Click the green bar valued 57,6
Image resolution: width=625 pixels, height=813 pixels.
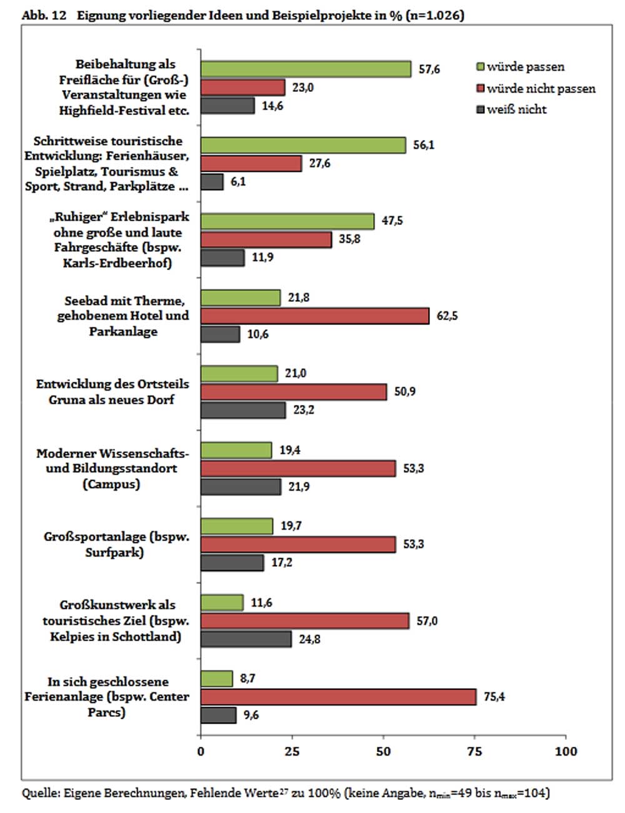tap(306, 69)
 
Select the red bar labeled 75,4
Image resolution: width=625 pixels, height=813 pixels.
tap(338, 697)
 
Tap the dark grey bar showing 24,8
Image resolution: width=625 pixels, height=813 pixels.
tap(246, 639)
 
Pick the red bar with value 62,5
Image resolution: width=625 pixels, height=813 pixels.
tap(314, 316)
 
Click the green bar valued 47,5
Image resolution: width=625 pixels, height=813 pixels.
tap(287, 221)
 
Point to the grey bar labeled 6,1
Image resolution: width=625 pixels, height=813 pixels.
tap(212, 182)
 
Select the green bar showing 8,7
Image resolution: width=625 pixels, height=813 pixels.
tap(216, 679)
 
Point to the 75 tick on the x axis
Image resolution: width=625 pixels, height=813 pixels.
tap(474, 751)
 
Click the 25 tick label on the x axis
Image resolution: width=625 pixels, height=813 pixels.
tap(292, 751)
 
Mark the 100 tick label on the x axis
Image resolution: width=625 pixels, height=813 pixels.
tap(566, 751)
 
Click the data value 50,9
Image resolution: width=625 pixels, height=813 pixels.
tap(405, 392)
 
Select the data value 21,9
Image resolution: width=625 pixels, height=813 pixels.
tap(299, 487)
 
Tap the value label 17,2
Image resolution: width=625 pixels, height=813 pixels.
tap(282, 562)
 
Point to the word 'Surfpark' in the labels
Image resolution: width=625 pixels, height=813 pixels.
tap(115, 552)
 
